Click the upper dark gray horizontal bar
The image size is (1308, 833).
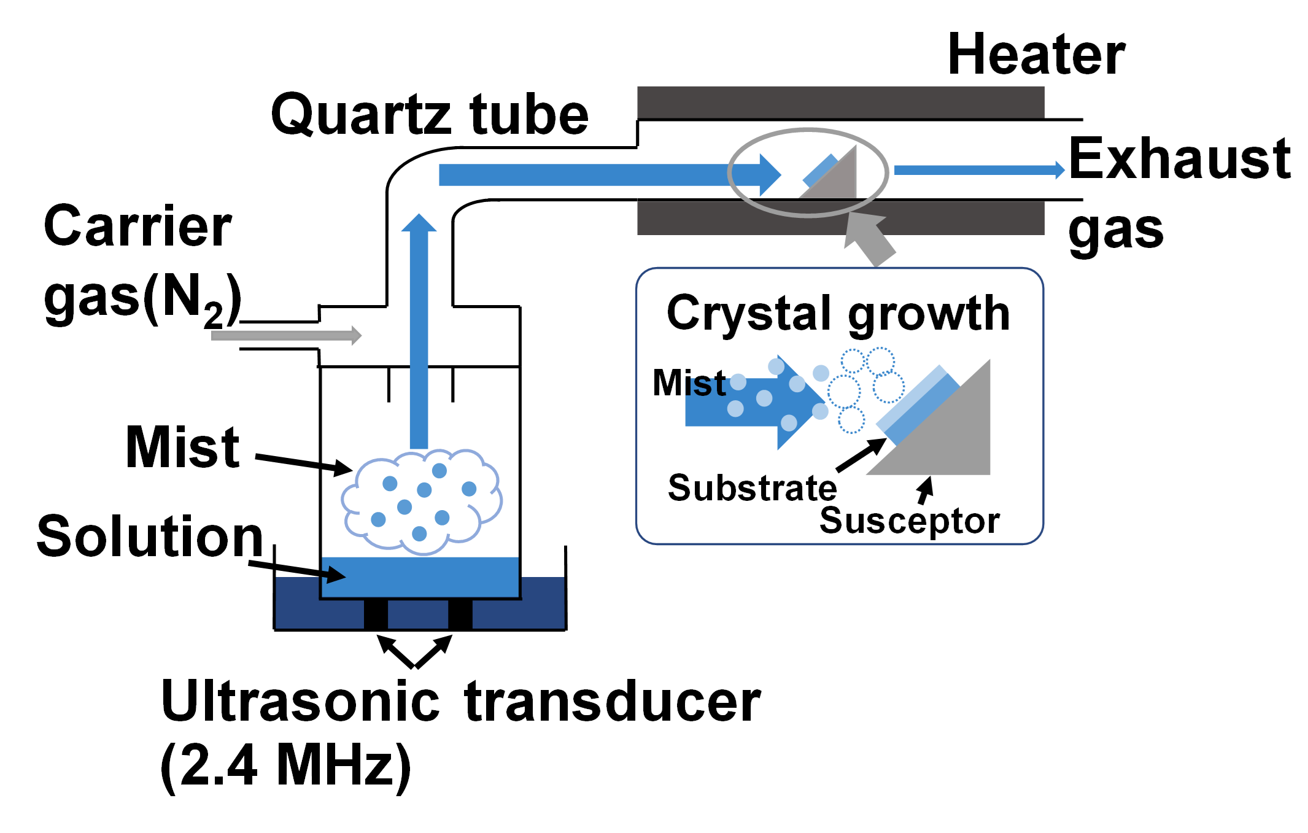click(x=841, y=102)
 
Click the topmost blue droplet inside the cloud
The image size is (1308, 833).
click(x=439, y=471)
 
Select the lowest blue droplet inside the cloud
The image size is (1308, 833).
click(x=420, y=534)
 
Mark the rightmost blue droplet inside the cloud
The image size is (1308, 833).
click(x=470, y=489)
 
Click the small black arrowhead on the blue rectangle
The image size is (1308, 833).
click(x=335, y=575)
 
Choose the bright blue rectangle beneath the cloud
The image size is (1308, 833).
click(x=430, y=577)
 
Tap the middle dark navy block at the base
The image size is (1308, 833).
click(x=418, y=614)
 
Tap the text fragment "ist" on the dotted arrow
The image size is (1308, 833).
click(x=706, y=387)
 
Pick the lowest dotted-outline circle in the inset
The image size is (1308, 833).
click(x=851, y=420)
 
